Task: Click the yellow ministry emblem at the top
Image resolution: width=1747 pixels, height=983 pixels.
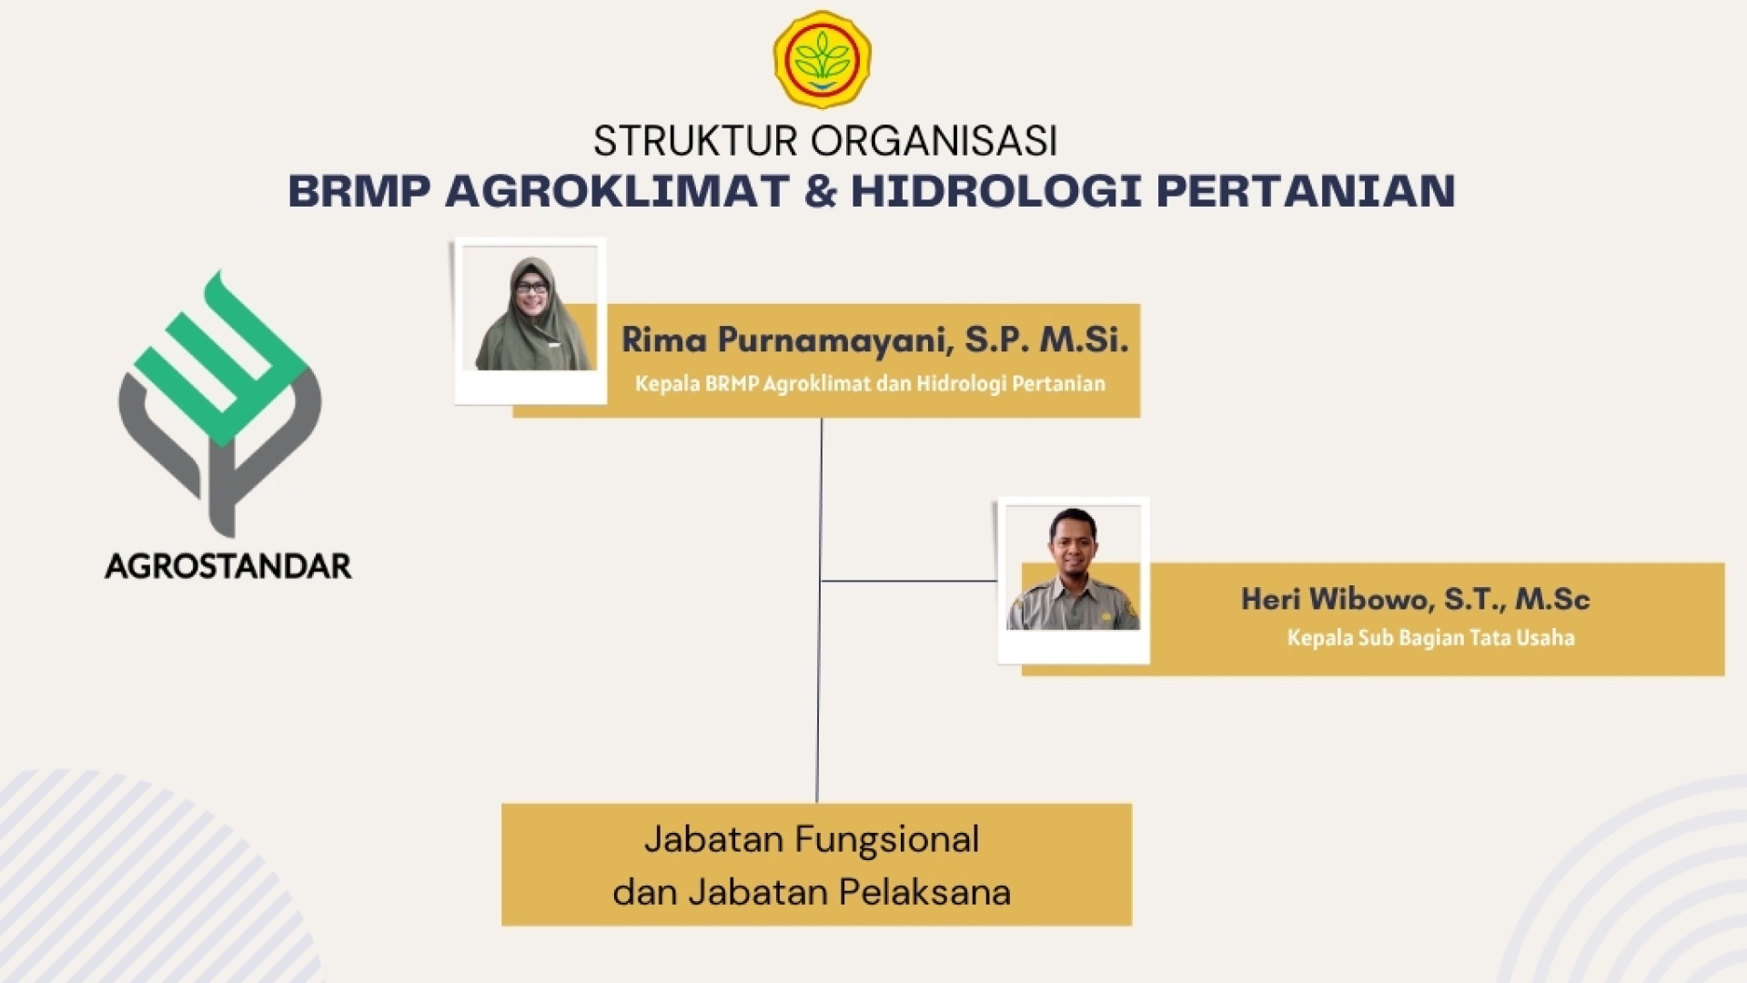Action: [822, 59]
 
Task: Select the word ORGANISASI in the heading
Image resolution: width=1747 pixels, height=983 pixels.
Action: [934, 141]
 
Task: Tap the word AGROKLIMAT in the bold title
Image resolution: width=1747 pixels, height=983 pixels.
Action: [617, 191]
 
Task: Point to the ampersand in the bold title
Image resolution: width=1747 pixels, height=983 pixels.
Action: [820, 191]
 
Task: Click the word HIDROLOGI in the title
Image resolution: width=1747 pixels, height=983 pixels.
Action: [995, 191]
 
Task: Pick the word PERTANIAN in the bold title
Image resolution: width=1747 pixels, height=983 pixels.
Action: [1306, 191]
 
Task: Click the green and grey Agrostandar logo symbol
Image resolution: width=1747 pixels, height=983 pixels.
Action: [220, 403]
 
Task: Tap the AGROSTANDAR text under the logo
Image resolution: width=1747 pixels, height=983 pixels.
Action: [228, 566]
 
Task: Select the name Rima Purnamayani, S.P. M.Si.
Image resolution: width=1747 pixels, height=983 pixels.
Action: [874, 339]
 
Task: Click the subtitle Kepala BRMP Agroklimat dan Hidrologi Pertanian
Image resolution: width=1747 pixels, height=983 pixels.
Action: [870, 383]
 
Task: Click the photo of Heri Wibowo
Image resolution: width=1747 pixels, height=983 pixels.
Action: [1074, 569]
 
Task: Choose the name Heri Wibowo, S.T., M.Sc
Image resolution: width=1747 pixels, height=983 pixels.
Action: [1415, 599]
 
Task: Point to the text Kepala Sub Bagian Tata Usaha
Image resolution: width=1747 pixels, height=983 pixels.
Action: [1430, 637]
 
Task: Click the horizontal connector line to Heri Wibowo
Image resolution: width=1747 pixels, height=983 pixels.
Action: [910, 581]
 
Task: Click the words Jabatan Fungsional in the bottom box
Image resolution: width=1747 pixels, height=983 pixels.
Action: [812, 839]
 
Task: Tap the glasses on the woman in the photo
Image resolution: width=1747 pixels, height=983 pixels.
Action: [532, 288]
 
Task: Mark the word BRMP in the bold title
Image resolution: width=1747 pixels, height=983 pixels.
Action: [359, 191]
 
